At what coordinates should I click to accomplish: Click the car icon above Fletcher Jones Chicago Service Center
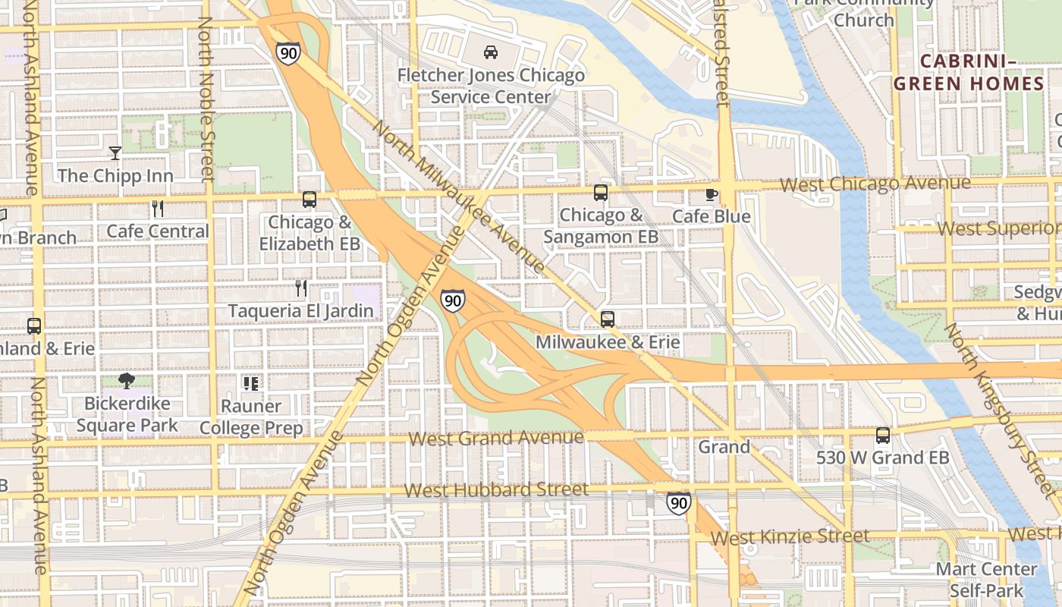click(x=491, y=52)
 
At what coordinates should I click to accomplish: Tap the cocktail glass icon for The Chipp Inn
click(x=115, y=153)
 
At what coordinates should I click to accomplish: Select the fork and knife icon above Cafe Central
click(x=158, y=209)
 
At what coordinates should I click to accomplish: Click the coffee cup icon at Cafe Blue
click(x=711, y=194)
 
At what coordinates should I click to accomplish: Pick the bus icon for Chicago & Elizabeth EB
click(x=309, y=200)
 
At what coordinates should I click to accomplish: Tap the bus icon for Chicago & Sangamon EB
click(x=601, y=193)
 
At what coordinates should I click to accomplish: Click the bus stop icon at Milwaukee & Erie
click(x=607, y=319)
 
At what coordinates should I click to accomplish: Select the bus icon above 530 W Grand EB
click(x=883, y=436)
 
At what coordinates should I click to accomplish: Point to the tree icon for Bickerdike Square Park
click(x=127, y=381)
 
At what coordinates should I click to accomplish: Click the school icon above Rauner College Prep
click(x=251, y=383)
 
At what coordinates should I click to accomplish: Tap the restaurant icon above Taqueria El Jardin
click(x=301, y=288)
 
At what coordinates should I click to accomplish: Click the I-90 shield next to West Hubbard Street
click(x=679, y=502)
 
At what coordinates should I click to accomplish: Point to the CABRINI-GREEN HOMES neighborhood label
click(x=969, y=72)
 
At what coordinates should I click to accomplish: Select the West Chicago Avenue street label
click(x=875, y=184)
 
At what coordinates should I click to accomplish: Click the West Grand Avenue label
click(x=496, y=438)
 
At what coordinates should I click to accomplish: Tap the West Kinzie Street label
click(x=790, y=537)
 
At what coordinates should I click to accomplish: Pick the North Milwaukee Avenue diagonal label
click(x=458, y=196)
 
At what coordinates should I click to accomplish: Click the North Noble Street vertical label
click(x=206, y=99)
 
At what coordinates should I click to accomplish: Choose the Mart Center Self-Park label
click(x=986, y=579)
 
